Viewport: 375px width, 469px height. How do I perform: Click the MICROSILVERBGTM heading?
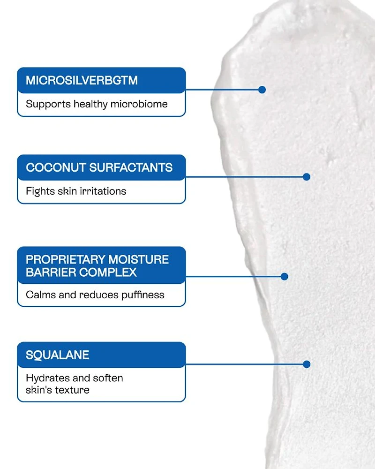point(82,80)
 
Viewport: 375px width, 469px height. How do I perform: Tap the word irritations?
point(103,191)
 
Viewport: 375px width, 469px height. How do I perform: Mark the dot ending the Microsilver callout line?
point(262,89)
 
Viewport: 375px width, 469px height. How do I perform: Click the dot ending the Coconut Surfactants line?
point(307,177)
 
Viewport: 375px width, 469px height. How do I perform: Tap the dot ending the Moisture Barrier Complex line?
point(284,277)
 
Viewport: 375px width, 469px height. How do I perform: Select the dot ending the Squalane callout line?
point(307,364)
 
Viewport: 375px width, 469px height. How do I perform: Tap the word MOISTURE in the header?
point(138,260)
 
